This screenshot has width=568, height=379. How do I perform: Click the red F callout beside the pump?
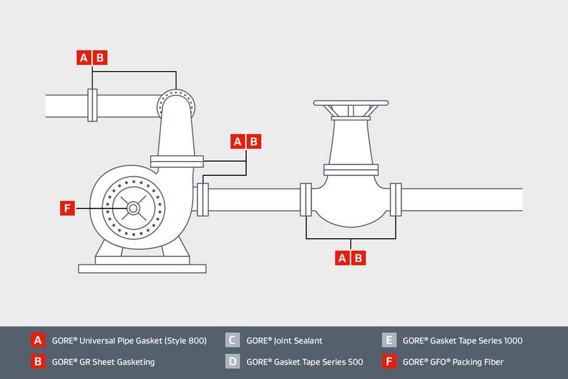click(x=67, y=208)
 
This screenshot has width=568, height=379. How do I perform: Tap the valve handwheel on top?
click(x=351, y=104)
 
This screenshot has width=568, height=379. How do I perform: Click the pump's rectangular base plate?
click(x=142, y=269)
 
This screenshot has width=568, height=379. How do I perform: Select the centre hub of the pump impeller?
click(x=133, y=208)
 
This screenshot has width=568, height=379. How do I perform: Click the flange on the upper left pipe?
click(x=93, y=105)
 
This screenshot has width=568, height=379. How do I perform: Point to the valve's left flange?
click(x=306, y=200)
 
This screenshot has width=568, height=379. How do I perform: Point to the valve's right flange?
click(x=396, y=200)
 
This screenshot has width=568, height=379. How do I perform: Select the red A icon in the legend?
click(x=39, y=340)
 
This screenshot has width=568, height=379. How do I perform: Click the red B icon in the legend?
click(x=39, y=361)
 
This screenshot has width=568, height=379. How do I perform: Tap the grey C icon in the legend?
click(x=233, y=340)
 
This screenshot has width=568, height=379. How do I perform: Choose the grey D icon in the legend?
click(x=233, y=361)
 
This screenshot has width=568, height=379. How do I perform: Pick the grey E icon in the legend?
click(x=389, y=340)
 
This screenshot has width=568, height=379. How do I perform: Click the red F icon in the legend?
click(x=389, y=361)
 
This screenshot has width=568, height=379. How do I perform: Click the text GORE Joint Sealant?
click(x=284, y=341)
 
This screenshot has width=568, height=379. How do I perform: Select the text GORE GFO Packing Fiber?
click(x=452, y=362)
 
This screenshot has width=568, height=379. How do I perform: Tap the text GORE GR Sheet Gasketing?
click(x=103, y=362)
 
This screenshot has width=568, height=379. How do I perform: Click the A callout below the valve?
click(x=343, y=258)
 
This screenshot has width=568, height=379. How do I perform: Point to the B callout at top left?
click(x=100, y=58)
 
